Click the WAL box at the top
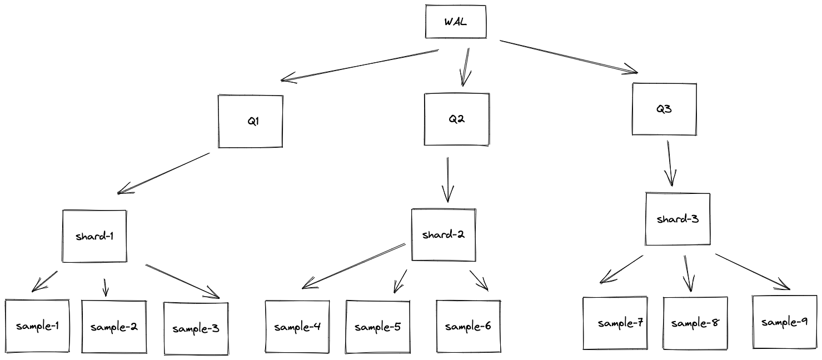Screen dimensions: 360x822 (x=456, y=22)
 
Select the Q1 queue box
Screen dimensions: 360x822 (x=251, y=121)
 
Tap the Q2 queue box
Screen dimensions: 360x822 (x=456, y=119)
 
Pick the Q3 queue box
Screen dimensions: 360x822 (x=664, y=109)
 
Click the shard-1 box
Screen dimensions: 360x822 (x=94, y=236)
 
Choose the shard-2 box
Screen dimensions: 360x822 (x=444, y=234)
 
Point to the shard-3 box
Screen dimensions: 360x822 (x=677, y=219)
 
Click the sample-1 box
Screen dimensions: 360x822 (x=37, y=326)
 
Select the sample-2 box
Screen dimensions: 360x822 (x=114, y=327)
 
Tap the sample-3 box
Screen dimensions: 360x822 (x=196, y=328)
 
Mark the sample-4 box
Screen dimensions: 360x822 (x=297, y=327)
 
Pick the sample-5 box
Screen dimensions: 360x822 (x=378, y=327)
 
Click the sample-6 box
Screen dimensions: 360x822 (x=468, y=327)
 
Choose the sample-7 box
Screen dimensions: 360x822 (x=616, y=323)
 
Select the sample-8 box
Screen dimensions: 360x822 (x=695, y=323)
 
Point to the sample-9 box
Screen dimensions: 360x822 (x=784, y=322)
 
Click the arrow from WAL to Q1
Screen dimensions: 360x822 (x=360, y=66)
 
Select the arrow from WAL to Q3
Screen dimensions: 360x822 (x=568, y=56)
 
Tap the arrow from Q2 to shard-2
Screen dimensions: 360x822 (x=447, y=179)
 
